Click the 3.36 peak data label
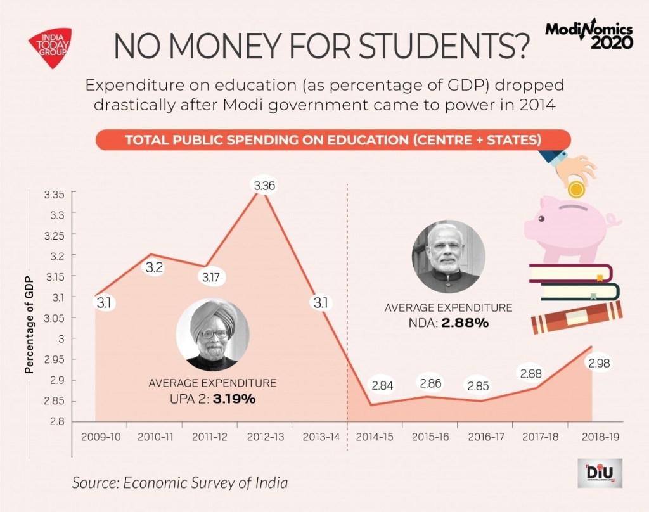click(x=265, y=186)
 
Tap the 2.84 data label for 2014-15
click(x=383, y=386)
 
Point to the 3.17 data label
click(x=210, y=277)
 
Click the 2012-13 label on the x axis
click(x=265, y=437)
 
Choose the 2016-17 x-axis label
click(x=486, y=437)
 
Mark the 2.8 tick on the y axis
click(x=58, y=421)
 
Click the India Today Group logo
click(x=50, y=46)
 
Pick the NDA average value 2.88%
click(x=466, y=323)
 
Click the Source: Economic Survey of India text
click(x=179, y=482)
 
